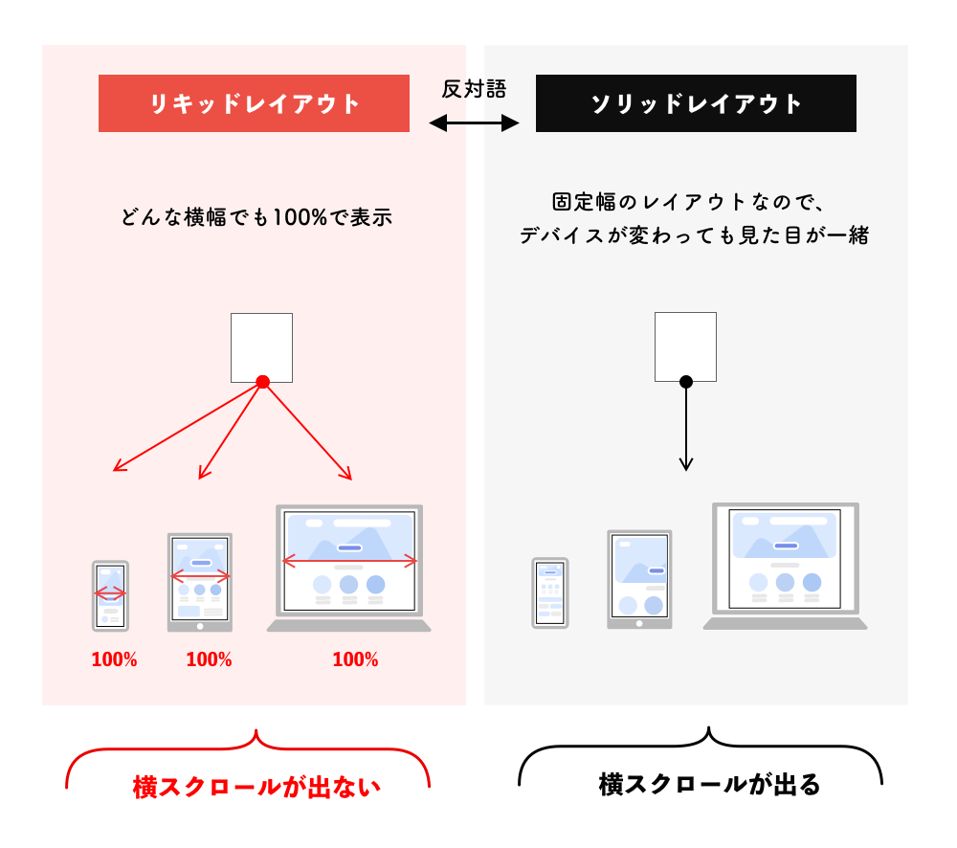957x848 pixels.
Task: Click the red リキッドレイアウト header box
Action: (x=254, y=103)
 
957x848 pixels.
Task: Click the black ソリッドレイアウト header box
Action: (x=696, y=103)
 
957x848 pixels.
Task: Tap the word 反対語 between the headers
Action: (x=474, y=89)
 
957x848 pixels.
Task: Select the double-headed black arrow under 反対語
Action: (x=474, y=123)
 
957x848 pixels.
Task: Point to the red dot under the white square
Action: (x=262, y=382)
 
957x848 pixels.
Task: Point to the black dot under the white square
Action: (x=686, y=382)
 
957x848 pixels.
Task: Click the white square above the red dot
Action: (x=261, y=346)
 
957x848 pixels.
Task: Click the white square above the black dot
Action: (x=685, y=346)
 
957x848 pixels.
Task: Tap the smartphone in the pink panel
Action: (x=110, y=595)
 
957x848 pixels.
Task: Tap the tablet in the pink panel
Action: (x=199, y=582)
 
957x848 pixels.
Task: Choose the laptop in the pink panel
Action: (x=349, y=568)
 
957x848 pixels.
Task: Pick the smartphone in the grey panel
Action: (x=550, y=592)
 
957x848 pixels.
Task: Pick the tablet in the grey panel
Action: (x=639, y=579)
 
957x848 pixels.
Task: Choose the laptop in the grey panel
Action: (x=785, y=565)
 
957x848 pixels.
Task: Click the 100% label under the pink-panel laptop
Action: (x=355, y=659)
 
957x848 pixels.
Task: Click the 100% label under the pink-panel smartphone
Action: (x=114, y=659)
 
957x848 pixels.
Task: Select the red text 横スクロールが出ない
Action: (x=256, y=787)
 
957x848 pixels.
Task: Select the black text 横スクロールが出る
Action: (x=710, y=785)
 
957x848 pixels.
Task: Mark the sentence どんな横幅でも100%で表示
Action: (x=256, y=217)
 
